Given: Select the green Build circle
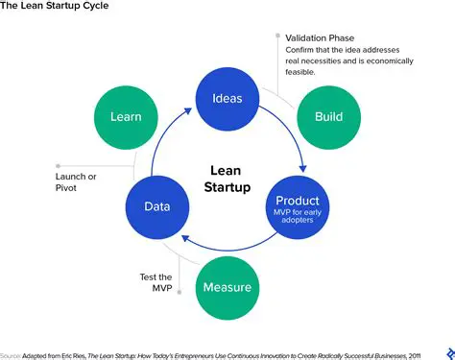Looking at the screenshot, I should [x=328, y=116].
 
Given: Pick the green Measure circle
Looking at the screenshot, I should [x=227, y=287].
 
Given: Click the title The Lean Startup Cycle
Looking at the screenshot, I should [x=54, y=7].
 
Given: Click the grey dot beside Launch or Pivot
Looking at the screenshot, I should [x=58, y=164].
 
